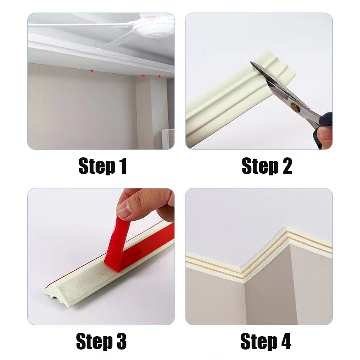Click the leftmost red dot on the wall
pyautogui.click(x=92, y=71)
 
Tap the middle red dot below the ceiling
pyautogui.click(x=143, y=75)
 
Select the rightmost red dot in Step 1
pyautogui.click(x=159, y=76)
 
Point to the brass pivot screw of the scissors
pyautogui.click(x=294, y=106)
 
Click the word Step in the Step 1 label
pyautogui.click(x=97, y=167)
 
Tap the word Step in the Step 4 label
pyautogui.click(x=259, y=342)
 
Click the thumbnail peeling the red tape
pyautogui.click(x=124, y=208)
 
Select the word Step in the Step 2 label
pyautogui.click(x=260, y=167)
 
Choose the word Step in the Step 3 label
pyautogui.click(x=94, y=342)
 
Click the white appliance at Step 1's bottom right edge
pyautogui.click(x=169, y=139)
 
